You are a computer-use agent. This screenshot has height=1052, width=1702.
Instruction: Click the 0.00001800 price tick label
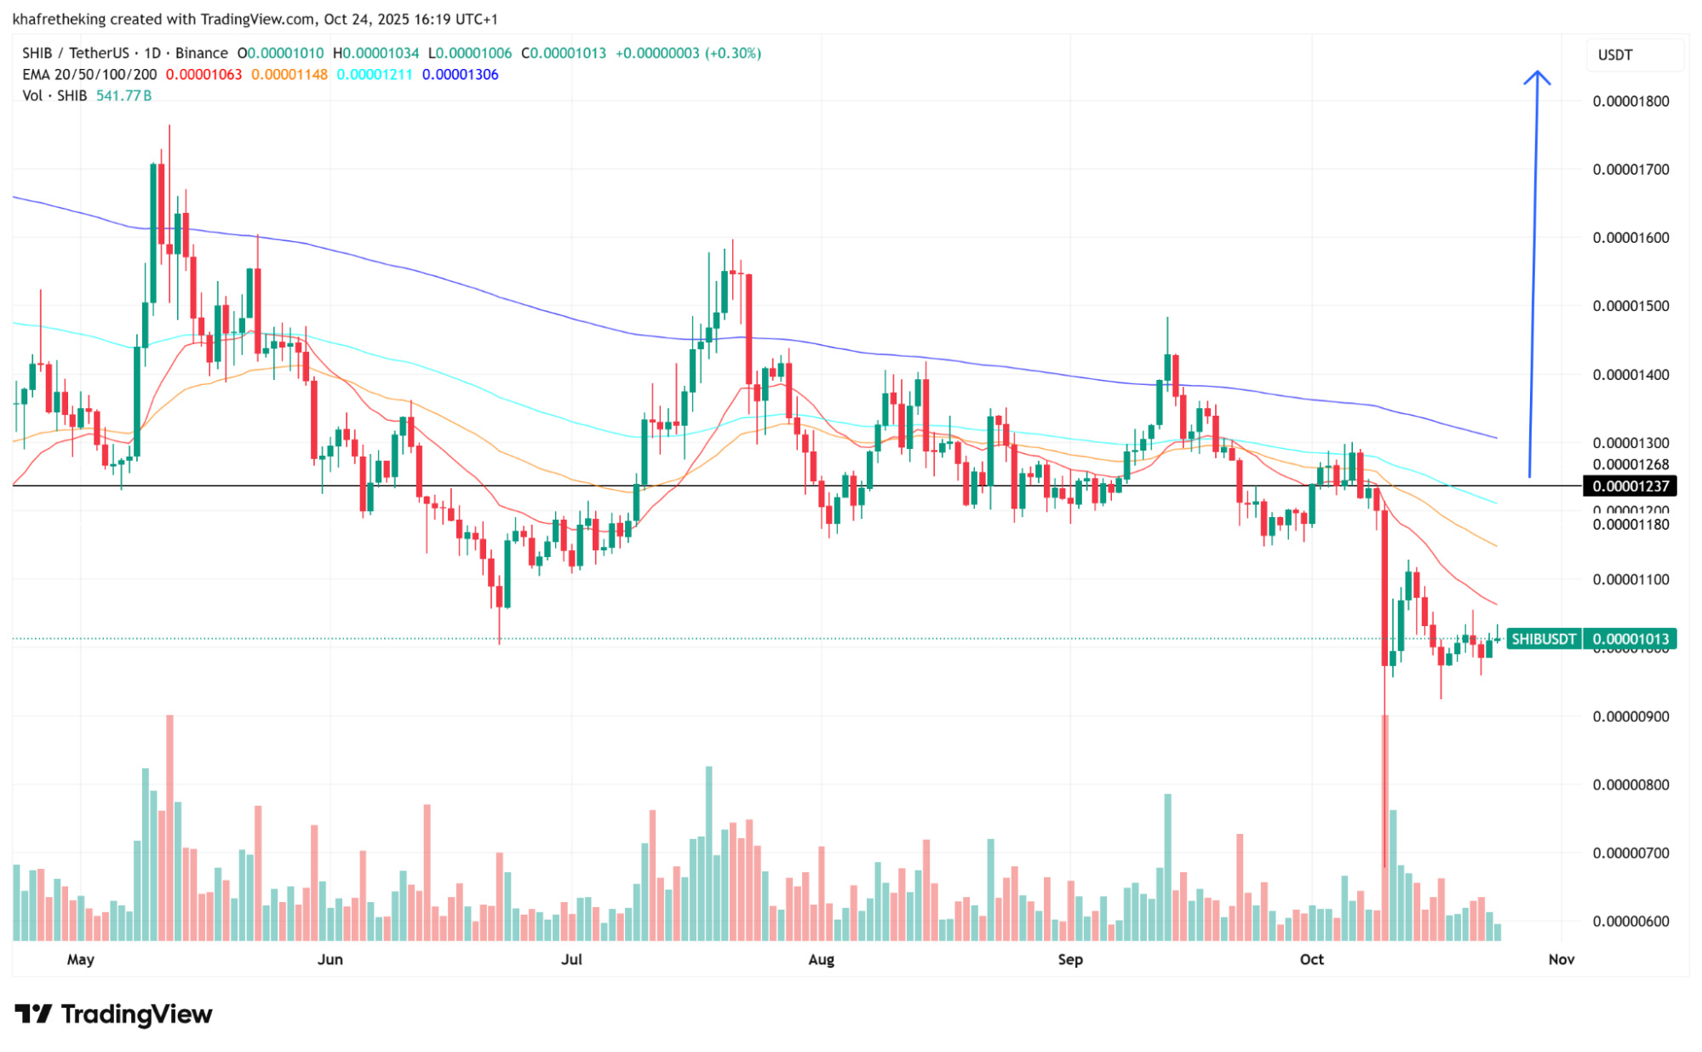[1630, 101]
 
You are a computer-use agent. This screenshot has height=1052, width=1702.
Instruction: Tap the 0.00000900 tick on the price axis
[1630, 716]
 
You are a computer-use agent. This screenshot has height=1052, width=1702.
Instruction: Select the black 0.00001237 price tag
[1630, 486]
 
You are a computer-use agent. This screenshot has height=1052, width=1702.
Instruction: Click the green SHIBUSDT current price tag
[1590, 639]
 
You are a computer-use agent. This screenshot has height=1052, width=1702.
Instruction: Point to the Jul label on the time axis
[571, 959]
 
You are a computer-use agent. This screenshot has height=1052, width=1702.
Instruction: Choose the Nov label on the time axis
[1561, 959]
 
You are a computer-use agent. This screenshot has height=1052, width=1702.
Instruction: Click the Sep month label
[1070, 959]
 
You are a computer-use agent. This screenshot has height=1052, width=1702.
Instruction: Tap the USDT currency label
[1614, 55]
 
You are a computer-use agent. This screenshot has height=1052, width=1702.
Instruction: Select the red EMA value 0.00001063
[203, 75]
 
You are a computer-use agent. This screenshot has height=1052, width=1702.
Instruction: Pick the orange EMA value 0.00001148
[289, 75]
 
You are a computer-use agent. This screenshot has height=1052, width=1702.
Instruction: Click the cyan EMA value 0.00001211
[375, 75]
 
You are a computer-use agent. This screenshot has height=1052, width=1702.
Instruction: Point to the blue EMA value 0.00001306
[461, 75]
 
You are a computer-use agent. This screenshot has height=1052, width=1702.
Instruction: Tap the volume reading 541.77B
[124, 95]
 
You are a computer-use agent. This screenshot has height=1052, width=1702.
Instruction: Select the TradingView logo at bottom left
[114, 1014]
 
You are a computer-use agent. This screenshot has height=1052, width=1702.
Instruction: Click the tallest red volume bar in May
[170, 826]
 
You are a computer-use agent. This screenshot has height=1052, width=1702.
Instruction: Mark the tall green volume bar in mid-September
[1168, 866]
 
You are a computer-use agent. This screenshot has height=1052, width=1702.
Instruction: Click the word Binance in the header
[202, 53]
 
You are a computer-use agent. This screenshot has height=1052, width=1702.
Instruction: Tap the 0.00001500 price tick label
[1630, 306]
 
